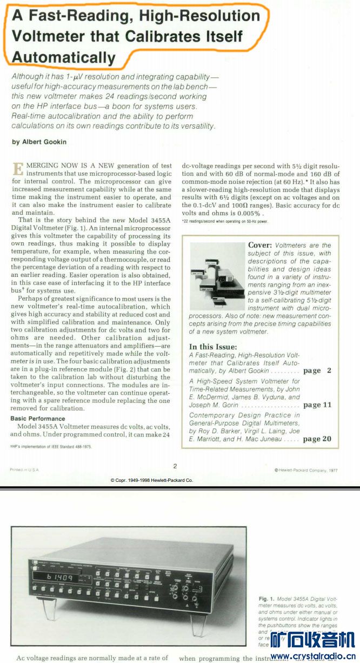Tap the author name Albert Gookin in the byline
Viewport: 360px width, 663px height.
(42, 142)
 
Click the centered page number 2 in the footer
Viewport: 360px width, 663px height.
(175, 466)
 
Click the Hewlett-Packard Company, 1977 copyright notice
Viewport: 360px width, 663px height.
(306, 470)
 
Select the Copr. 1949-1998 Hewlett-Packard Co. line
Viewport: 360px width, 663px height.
(151, 480)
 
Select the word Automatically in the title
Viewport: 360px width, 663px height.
(63, 57)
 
